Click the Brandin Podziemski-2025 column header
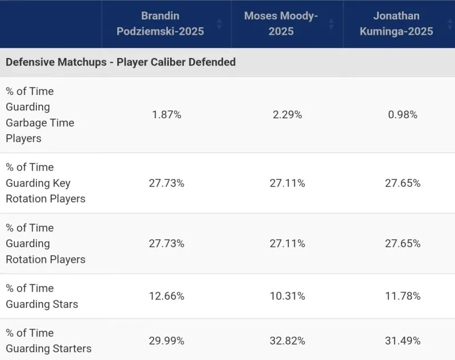[160, 23]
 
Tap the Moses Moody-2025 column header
[280, 23]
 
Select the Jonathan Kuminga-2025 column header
[396, 23]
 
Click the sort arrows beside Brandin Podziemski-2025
[219, 24]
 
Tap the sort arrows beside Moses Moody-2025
[331, 24]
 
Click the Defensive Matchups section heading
[121, 62]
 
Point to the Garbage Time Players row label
[40, 114]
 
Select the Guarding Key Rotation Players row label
[45, 183]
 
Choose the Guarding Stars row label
[42, 296]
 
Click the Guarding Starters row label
[48, 340]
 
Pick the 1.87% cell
[166, 114]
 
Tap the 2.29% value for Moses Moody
[287, 114]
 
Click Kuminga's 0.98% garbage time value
[402, 114]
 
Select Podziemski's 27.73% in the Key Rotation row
[166, 183]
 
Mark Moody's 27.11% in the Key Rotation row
[287, 183]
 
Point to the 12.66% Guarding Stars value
[166, 296]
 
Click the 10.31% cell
[287, 296]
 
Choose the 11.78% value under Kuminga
[402, 296]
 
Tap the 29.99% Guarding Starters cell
[166, 340]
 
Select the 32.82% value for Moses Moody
[287, 340]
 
